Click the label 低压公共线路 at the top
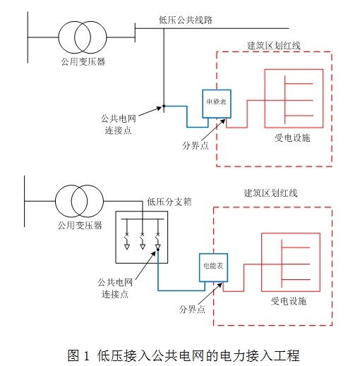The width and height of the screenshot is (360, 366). click(186, 20)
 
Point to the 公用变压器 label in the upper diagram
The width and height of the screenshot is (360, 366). click(83, 61)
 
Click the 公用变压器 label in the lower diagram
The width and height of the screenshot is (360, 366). click(80, 226)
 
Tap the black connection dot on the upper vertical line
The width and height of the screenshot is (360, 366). click(164, 106)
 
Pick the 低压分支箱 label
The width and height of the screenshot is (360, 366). click(169, 202)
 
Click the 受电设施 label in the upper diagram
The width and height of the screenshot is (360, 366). click(292, 138)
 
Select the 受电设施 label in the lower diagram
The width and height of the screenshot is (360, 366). click(289, 301)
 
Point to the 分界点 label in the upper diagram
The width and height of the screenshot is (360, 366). click(196, 146)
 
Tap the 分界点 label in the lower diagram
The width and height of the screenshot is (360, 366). click(192, 310)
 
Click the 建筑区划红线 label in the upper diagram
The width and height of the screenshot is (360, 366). click(274, 46)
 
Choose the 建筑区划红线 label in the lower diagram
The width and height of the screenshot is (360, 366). click(270, 193)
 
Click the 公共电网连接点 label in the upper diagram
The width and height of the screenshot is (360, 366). click(119, 124)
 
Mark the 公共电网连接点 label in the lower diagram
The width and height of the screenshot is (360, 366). click(115, 288)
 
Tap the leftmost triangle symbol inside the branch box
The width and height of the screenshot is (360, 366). click(127, 247)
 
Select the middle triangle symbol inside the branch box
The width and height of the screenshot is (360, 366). click(143, 247)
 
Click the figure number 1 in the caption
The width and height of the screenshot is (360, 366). click(86, 355)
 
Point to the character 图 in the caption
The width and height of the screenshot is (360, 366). click(73, 355)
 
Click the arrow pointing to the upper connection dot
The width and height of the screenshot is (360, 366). click(150, 111)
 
